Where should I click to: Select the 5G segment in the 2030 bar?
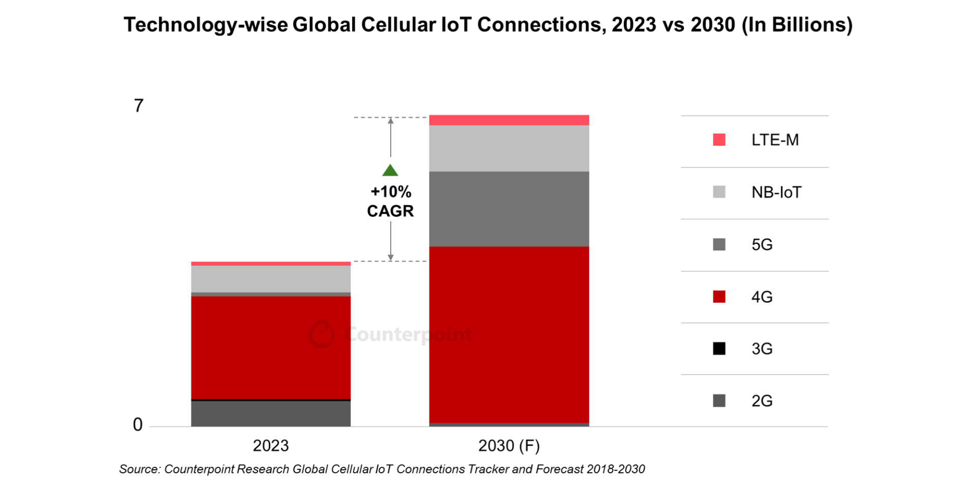point(509,209)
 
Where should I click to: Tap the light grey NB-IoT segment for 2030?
point(509,148)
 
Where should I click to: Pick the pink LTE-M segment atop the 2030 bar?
point(509,120)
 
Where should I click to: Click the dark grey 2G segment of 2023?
point(271,414)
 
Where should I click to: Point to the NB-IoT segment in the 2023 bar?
point(271,279)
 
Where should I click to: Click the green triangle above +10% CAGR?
point(390,171)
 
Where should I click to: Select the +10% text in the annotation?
point(390,192)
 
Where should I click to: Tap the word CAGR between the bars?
point(390,211)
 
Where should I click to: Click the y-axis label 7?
point(138,106)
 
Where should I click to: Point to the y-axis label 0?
point(137,424)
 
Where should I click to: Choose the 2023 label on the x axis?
point(271,446)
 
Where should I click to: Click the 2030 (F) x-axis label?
point(509,446)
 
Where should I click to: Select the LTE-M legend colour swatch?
point(719,139)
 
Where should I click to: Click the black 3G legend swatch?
point(719,349)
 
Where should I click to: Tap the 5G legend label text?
point(762,245)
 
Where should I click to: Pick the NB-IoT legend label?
point(776,192)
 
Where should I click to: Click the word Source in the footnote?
point(139,469)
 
